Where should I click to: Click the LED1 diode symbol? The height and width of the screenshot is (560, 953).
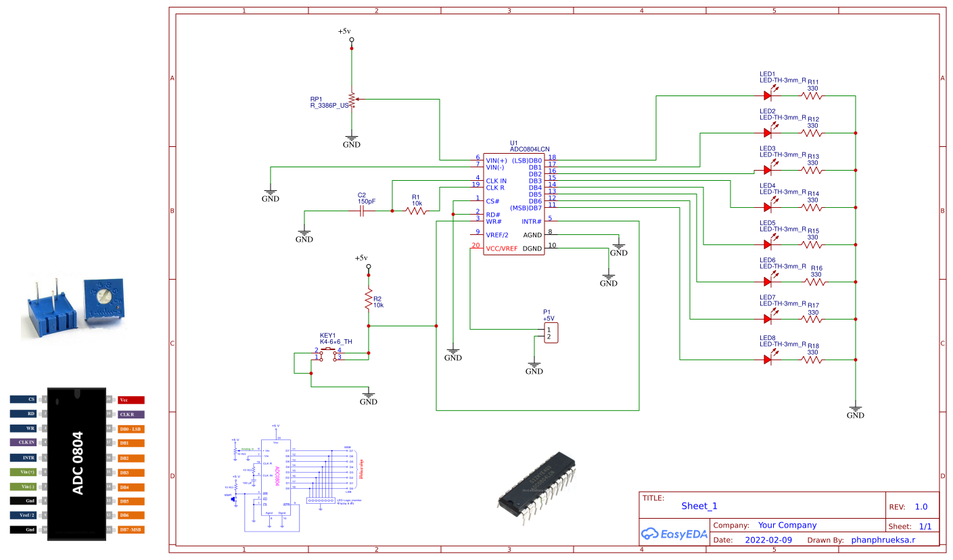(768, 95)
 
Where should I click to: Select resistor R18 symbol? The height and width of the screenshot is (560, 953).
(812, 360)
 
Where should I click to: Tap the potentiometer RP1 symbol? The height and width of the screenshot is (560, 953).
(352, 100)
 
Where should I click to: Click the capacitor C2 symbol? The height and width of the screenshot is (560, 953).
(361, 211)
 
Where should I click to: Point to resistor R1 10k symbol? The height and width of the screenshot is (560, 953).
(417, 211)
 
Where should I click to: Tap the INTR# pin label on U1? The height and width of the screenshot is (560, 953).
(532, 221)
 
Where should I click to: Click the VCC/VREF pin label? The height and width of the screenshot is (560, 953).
(501, 249)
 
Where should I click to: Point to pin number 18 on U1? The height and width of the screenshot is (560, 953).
(552, 157)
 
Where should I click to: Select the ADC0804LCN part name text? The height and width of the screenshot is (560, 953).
(530, 148)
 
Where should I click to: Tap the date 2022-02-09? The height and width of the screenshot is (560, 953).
(768, 540)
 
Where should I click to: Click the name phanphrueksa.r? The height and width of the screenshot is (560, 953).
(883, 540)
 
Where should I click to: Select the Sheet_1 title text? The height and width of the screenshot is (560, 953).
(699, 506)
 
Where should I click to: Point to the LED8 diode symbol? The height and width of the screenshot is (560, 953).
(768, 360)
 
